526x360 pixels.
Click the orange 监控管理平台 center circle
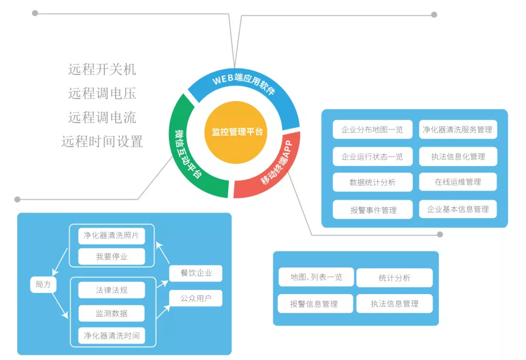pos(237,132)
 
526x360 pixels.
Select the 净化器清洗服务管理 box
pos(458,129)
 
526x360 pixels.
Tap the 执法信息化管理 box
pos(458,156)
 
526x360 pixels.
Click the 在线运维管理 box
pos(458,182)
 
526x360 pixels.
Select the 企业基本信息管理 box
pos(458,209)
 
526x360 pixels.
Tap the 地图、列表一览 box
pos(316,277)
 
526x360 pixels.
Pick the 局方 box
pos(43,284)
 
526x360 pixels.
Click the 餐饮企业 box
pos(196,273)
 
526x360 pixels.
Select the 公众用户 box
pos(196,298)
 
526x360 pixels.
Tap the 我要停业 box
pos(111,257)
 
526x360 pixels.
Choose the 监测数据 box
pos(111,313)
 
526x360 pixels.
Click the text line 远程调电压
pos(102,94)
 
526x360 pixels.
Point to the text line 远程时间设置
pos(102,141)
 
